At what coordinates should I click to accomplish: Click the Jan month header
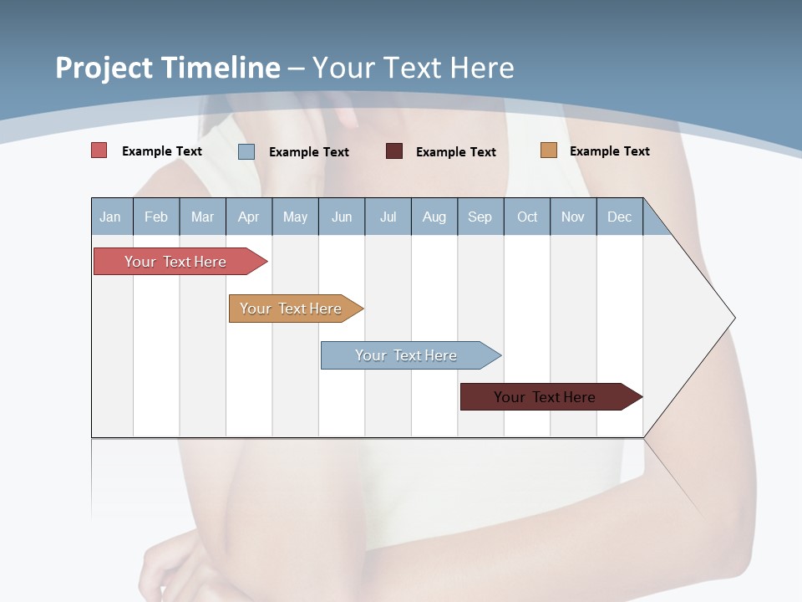pos(111,217)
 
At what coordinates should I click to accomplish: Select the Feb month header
pos(156,217)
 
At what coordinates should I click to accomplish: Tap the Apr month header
pos(249,217)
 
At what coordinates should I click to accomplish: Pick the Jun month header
pos(342,217)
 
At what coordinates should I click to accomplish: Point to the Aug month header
pos(434,217)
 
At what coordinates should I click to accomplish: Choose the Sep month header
pos(480,217)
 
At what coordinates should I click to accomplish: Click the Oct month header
pos(527,217)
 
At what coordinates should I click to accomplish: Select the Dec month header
pos(620,217)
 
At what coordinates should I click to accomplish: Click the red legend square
pos(99,150)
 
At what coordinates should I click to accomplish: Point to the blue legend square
pos(246,151)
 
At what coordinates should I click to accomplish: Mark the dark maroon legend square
pos(394,151)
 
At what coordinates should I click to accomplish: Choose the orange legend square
pos(549,150)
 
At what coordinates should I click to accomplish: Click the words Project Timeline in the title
pos(168,68)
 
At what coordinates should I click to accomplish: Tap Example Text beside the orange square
pos(609,151)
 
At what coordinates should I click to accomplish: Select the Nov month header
pos(573,217)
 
